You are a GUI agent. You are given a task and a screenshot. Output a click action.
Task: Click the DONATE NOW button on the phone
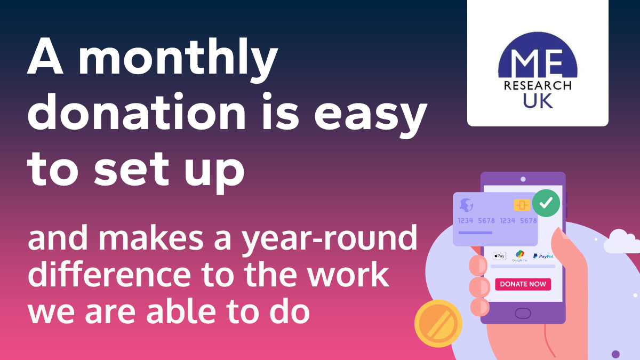(523, 284)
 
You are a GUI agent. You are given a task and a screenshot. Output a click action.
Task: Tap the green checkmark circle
(546, 203)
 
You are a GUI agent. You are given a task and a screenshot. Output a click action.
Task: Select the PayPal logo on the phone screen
(543, 256)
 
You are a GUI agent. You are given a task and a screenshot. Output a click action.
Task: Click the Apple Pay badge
(499, 256)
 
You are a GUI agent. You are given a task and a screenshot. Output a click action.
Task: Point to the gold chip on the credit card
(522, 205)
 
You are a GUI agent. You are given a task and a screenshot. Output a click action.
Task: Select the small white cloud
(621, 241)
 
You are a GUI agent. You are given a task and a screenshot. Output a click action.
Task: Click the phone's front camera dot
(523, 179)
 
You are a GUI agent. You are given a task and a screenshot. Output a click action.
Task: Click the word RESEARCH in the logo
(538, 85)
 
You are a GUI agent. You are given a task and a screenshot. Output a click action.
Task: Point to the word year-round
(329, 239)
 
